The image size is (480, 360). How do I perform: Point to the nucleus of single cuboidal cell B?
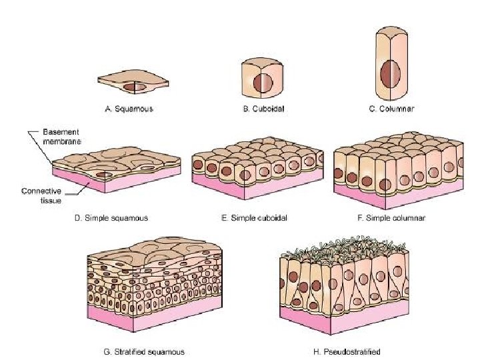point(261,80)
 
